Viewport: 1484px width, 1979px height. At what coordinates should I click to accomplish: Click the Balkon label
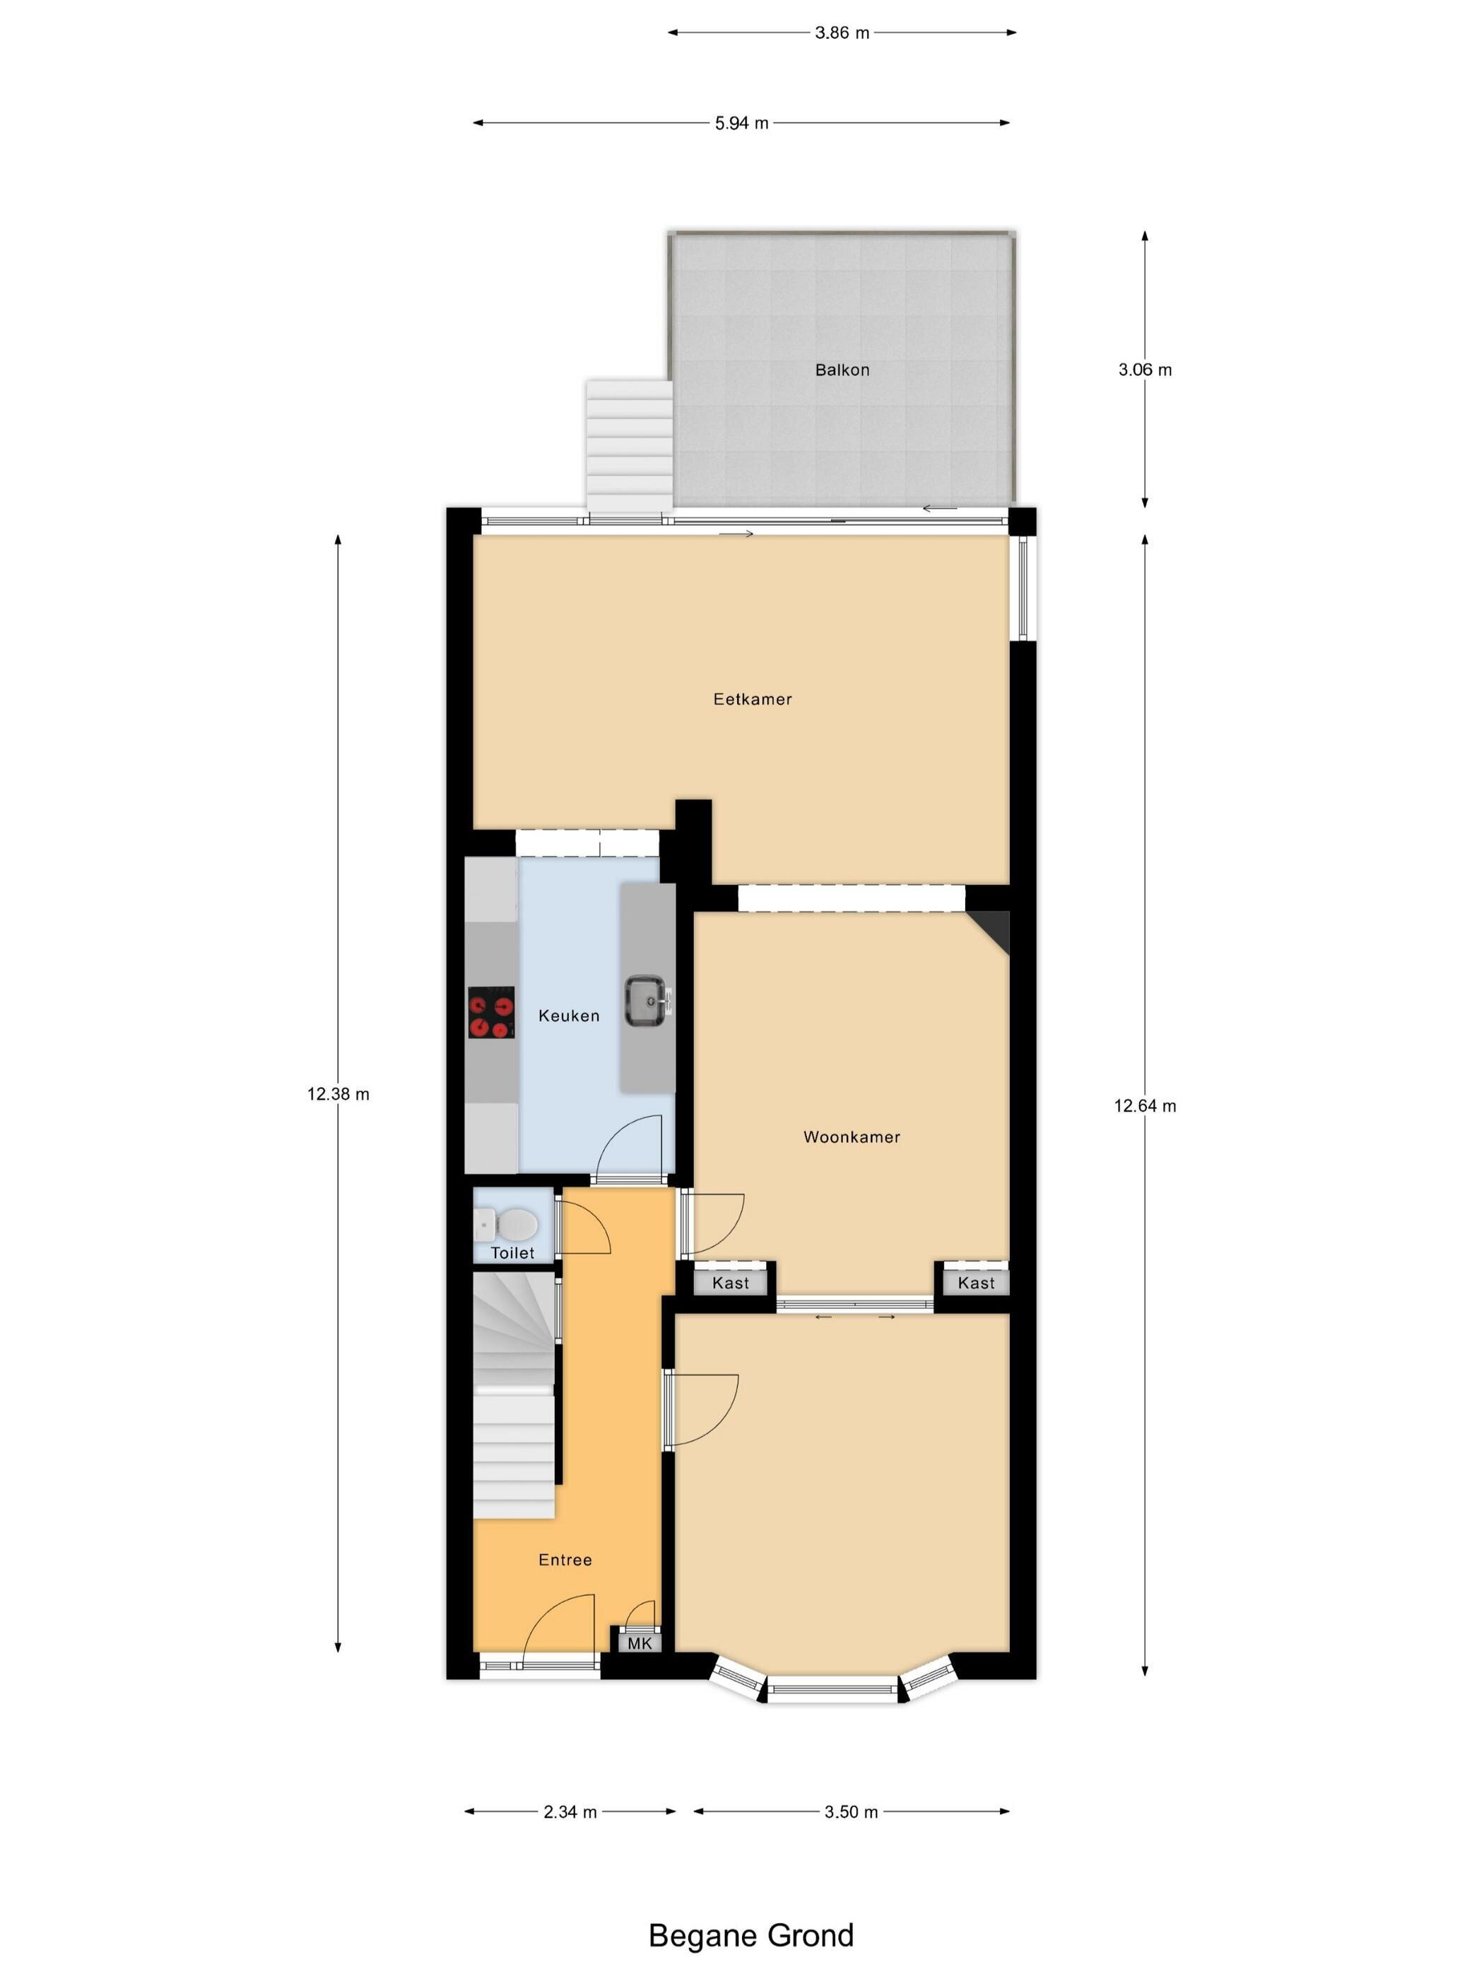coord(842,370)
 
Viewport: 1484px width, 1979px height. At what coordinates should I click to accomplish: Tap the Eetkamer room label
coord(753,699)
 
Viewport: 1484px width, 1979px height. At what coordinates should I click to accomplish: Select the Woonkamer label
coord(852,1137)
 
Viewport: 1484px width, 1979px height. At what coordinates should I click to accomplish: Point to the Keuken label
coord(569,1016)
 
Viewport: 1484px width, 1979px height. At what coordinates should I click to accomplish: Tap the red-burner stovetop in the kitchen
coord(491,1012)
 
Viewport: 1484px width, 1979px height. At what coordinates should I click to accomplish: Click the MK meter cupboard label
coord(640,1643)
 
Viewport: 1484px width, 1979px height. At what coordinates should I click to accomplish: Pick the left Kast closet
coord(731,1282)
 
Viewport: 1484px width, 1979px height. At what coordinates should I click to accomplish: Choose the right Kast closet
coord(976,1282)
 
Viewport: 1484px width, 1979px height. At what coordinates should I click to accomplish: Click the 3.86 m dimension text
coord(842,33)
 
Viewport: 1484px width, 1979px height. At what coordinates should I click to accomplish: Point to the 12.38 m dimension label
coord(338,1093)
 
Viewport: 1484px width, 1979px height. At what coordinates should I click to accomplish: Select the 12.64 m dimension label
coord(1145,1106)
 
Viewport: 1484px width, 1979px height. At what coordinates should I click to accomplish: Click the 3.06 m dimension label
coord(1145,370)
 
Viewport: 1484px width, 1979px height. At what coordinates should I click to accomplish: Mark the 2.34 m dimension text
coord(570,1811)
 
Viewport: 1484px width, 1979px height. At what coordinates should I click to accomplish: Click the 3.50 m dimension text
coord(852,1811)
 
